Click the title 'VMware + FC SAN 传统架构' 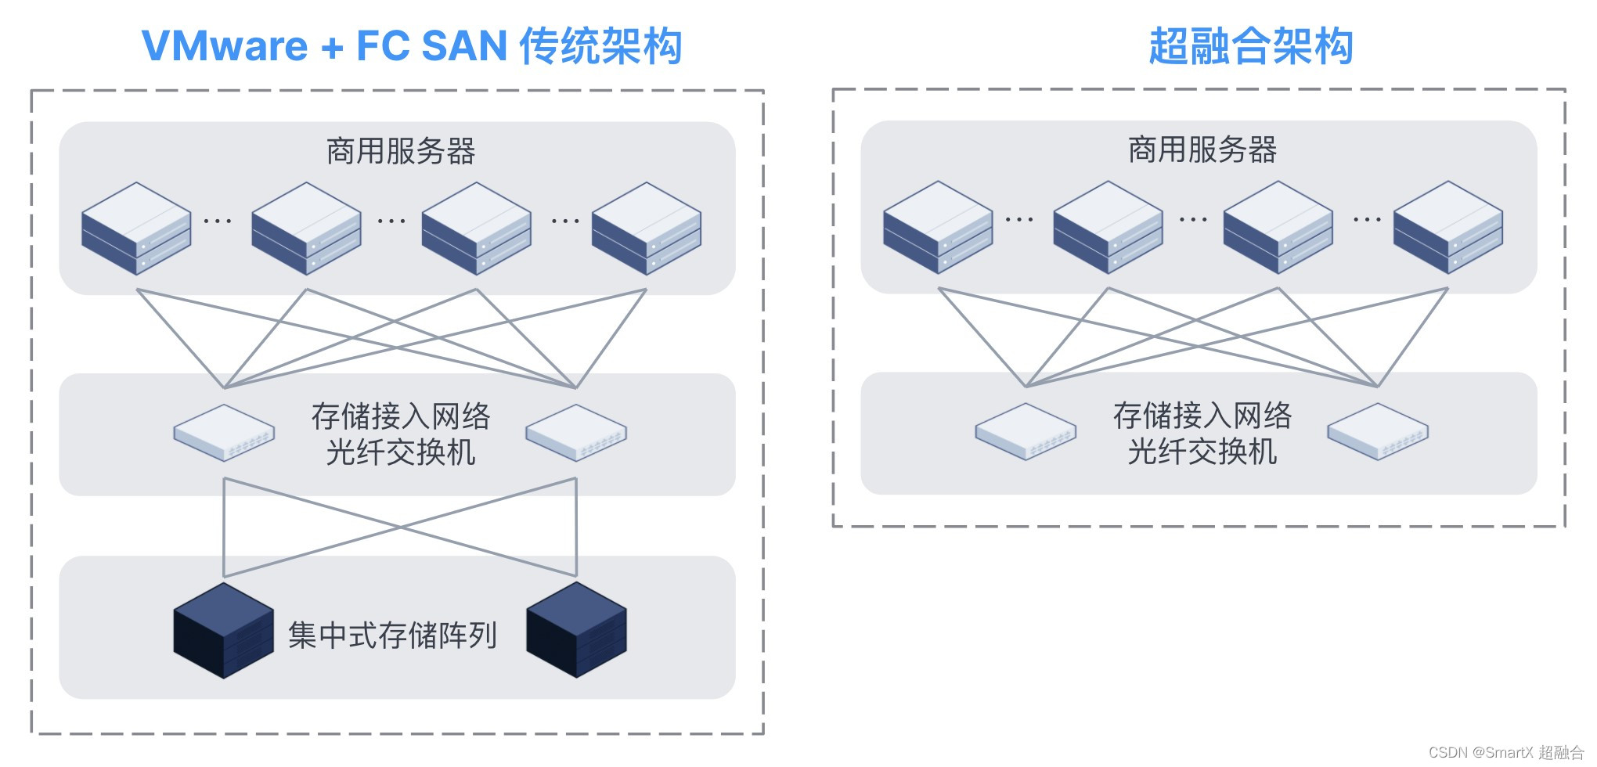click(412, 45)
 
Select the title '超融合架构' click(1250, 45)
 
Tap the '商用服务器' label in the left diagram click(401, 151)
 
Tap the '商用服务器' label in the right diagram click(1202, 149)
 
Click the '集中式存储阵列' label click(392, 635)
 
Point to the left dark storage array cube click(224, 630)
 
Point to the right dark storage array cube click(576, 630)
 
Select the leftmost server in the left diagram click(136, 229)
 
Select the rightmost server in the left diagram click(647, 229)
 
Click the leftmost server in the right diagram click(938, 227)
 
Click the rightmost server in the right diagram click(1448, 227)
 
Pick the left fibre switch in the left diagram click(224, 433)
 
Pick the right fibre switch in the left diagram click(576, 433)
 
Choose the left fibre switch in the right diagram click(1026, 431)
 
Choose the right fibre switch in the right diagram click(1378, 431)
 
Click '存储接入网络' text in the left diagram click(401, 416)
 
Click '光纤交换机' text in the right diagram click(1202, 452)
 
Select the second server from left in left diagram click(306, 229)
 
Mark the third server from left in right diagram click(1278, 227)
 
